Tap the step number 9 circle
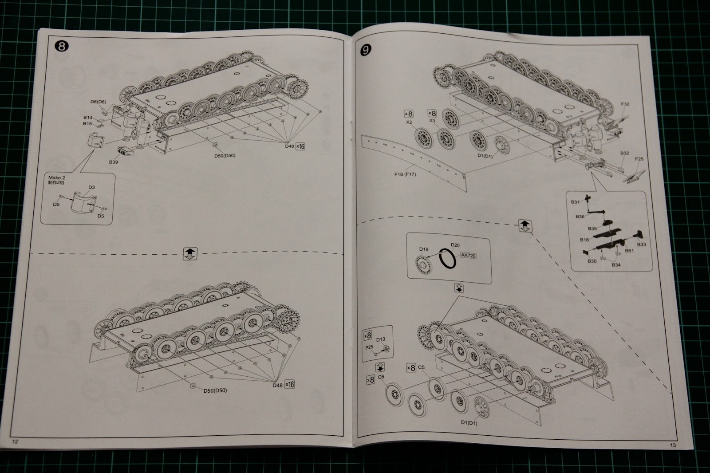pos(365,50)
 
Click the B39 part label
pos(114,162)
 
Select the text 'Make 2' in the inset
pos(57,177)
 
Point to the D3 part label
pos(91,187)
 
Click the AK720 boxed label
pos(468,256)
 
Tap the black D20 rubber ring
pos(447,259)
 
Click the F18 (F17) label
pos(405,174)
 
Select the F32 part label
pos(625,104)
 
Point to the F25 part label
pos(639,159)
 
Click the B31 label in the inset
pos(575,202)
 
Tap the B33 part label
pos(641,244)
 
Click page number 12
pos(15,441)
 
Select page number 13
pos(673,445)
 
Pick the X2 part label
pos(409,122)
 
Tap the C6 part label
pos(381,377)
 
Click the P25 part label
pos(369,348)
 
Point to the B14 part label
pos(87,118)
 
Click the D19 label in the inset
pos(424,249)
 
